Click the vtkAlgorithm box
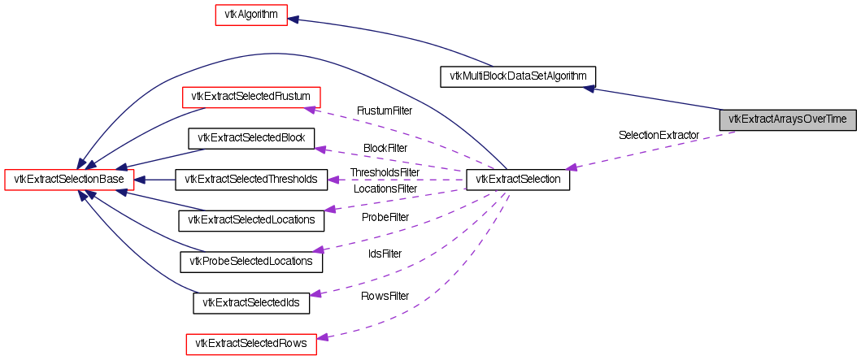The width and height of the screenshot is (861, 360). [x=251, y=15]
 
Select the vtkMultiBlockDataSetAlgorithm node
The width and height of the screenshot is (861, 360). [x=518, y=77]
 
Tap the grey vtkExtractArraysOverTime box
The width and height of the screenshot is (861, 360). [x=787, y=119]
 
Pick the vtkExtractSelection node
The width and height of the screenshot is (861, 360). [x=518, y=179]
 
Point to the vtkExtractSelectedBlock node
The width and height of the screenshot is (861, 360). [x=251, y=138]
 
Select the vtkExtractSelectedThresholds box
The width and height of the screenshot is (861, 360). [x=251, y=179]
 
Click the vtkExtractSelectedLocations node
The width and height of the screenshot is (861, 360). [x=251, y=219]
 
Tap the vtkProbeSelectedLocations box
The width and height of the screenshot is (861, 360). [x=251, y=261]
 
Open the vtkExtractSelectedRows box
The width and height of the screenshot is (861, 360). [x=251, y=344]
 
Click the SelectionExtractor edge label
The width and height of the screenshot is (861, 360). [x=659, y=135]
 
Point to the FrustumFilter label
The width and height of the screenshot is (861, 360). [x=385, y=111]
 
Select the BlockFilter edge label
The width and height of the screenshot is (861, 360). [x=385, y=149]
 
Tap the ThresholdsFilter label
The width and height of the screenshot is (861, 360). [x=385, y=173]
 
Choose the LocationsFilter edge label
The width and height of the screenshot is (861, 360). [x=385, y=189]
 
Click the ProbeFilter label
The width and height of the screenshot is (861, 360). [x=385, y=217]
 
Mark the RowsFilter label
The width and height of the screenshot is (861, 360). [x=385, y=296]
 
